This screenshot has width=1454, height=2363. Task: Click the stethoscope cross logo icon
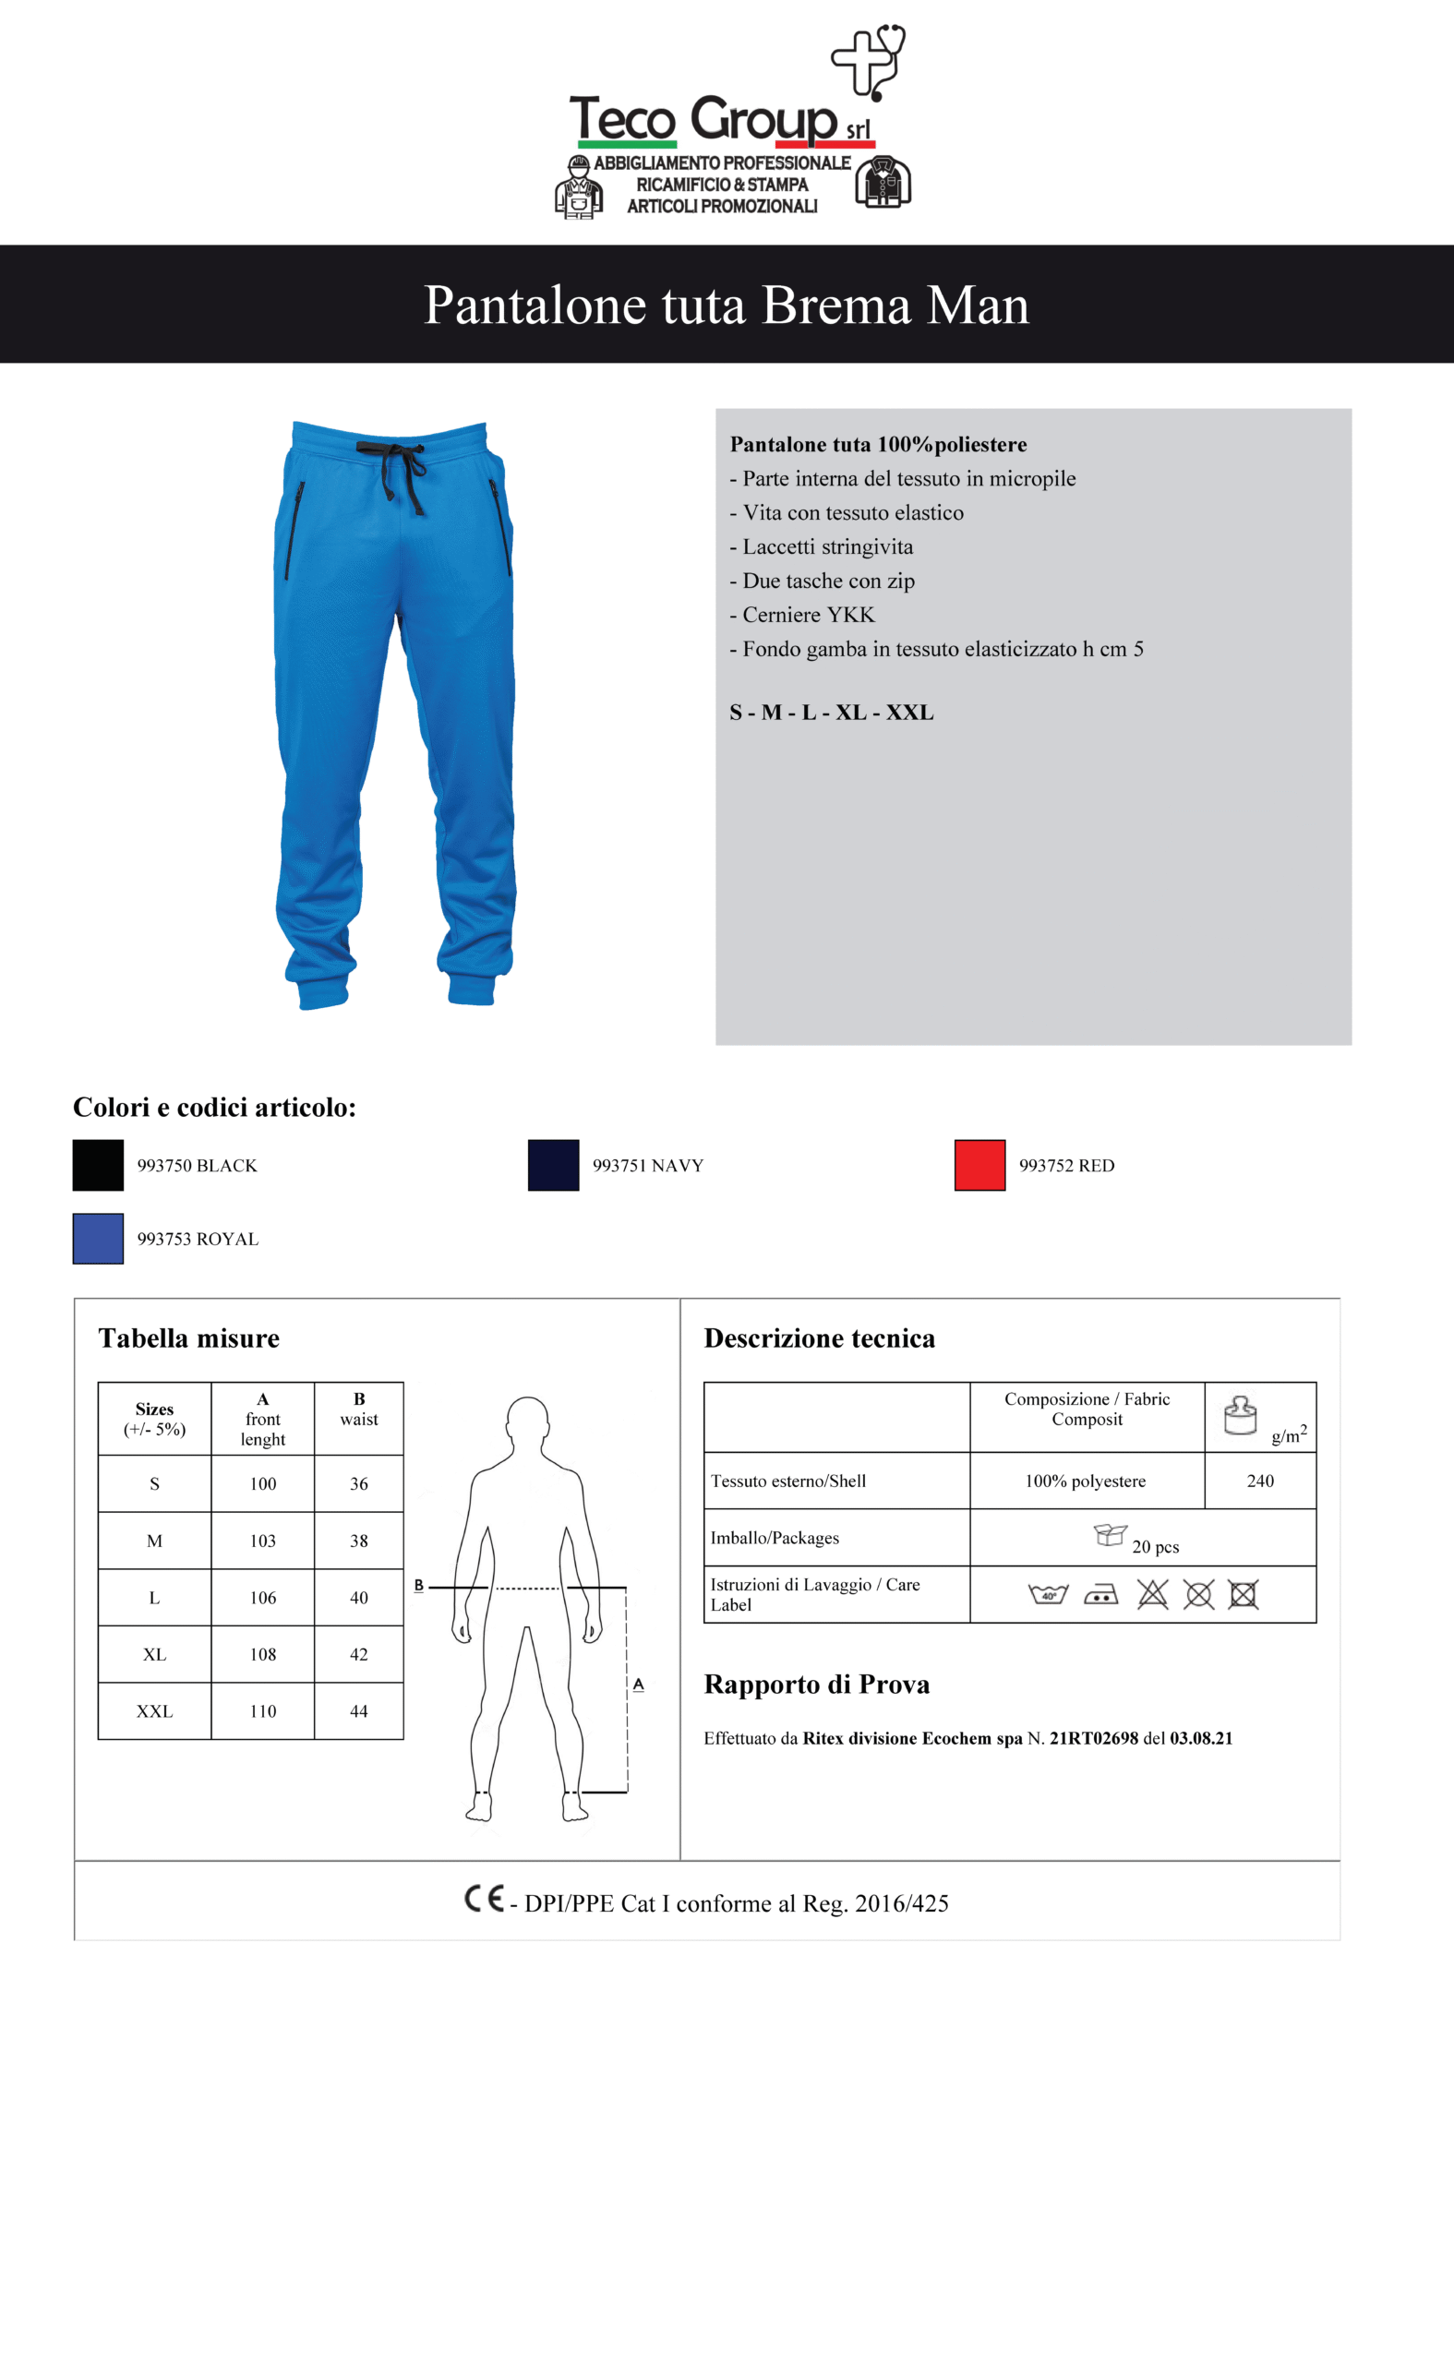pyautogui.click(x=868, y=62)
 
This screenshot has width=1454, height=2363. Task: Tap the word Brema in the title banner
pyautogui.click(x=835, y=306)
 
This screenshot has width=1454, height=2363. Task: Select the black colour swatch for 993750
pyautogui.click(x=98, y=1165)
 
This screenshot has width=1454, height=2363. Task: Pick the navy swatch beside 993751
pyautogui.click(x=553, y=1165)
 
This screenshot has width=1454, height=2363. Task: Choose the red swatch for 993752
pyautogui.click(x=979, y=1165)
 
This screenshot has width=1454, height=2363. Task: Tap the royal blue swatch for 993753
pyautogui.click(x=98, y=1238)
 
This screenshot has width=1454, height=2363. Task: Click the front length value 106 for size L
pyautogui.click(x=262, y=1598)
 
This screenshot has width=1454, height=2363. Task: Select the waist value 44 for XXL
pyautogui.click(x=359, y=1711)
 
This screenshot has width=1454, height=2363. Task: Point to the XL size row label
pyautogui.click(x=154, y=1654)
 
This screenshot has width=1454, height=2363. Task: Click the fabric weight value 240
pyautogui.click(x=1260, y=1481)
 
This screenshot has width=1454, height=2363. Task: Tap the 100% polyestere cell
pyautogui.click(x=1085, y=1481)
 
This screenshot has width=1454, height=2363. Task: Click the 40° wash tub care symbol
pyautogui.click(x=1048, y=1595)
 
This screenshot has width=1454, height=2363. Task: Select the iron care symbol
pyautogui.click(x=1100, y=1595)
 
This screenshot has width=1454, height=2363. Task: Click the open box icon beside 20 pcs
pyautogui.click(x=1110, y=1534)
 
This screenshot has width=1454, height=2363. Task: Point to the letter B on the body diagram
pyautogui.click(x=418, y=1585)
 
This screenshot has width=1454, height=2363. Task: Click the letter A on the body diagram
pyautogui.click(x=638, y=1685)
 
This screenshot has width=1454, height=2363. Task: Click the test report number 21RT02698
pyautogui.click(x=1093, y=1738)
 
